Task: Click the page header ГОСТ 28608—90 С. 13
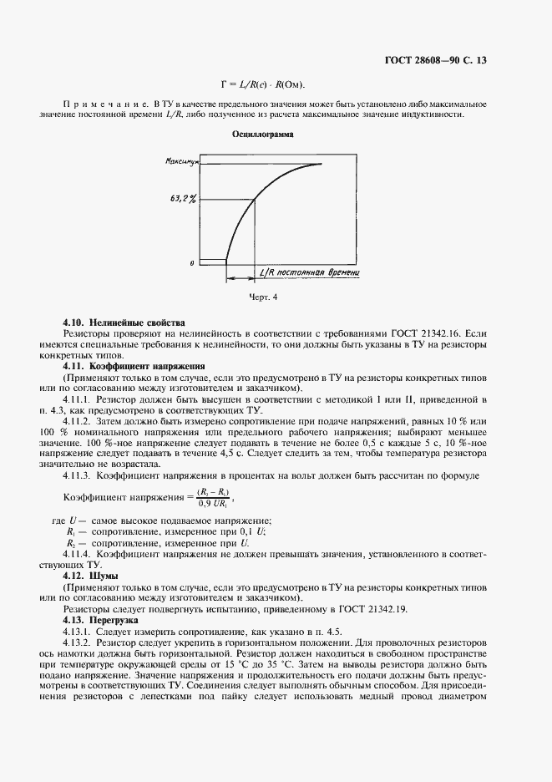coord(449,60)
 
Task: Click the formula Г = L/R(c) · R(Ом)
coord(262,84)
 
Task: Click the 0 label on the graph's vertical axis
coord(192,262)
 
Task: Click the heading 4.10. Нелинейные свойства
coord(124,322)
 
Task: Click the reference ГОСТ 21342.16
coord(434,333)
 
